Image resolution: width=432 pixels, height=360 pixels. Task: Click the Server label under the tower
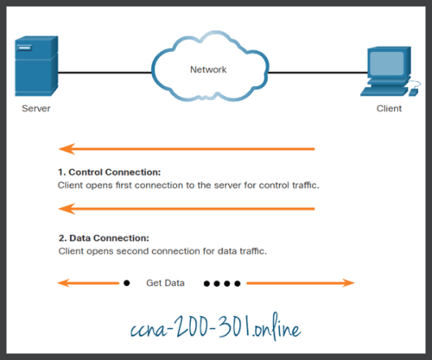[x=37, y=110]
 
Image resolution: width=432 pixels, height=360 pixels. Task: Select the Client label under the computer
[x=389, y=110]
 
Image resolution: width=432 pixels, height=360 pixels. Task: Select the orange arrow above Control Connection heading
[x=186, y=149]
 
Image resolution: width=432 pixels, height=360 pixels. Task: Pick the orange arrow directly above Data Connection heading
[x=186, y=208]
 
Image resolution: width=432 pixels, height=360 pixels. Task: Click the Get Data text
[x=166, y=282]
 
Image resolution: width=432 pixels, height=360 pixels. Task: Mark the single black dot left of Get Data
[x=127, y=282]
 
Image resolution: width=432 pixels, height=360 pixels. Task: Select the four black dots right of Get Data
[x=222, y=282]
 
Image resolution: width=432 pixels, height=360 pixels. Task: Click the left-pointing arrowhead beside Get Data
[x=63, y=282]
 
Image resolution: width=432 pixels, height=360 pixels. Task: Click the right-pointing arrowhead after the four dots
[x=348, y=282]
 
